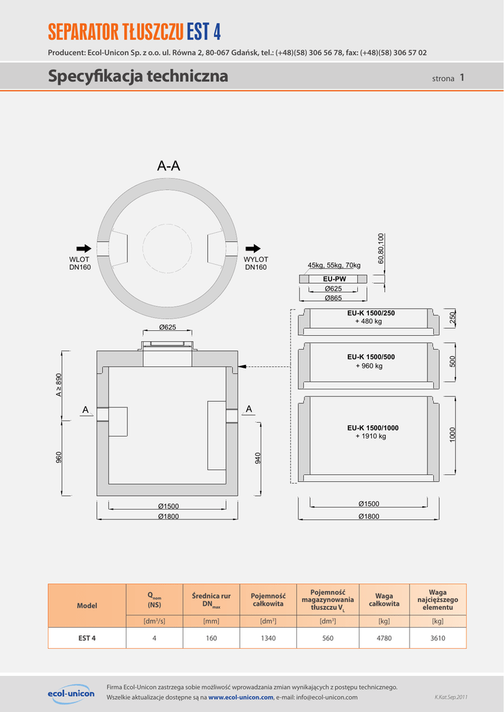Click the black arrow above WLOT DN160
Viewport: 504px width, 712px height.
coord(83,248)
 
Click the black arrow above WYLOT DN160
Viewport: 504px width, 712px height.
coord(253,248)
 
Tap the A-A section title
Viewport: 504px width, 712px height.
coord(168,166)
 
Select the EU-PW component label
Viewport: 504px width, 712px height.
coord(334,280)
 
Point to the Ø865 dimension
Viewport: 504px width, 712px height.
coord(333,298)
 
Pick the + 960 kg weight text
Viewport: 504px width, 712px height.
coord(369,366)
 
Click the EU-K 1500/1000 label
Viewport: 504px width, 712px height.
coord(373,428)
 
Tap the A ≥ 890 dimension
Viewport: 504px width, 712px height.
coord(58,385)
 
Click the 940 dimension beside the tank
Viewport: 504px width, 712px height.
coord(258,458)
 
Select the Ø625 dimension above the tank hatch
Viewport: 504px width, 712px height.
coord(167,327)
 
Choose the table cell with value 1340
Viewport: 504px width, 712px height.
coord(268,638)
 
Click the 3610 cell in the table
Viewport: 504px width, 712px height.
coord(438,638)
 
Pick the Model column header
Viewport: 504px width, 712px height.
coord(87,606)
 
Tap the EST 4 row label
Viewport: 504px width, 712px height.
coord(87,638)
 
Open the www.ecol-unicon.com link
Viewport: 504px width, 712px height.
coord(241,697)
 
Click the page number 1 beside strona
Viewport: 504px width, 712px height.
coord(462,77)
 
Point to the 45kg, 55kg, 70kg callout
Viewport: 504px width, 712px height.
coord(334,265)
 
